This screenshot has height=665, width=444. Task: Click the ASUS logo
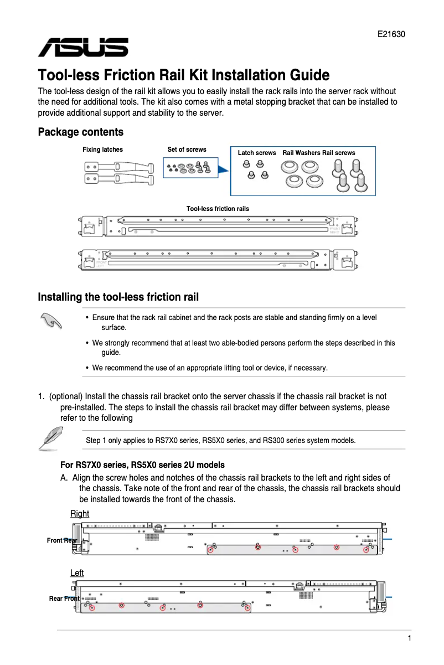coord(83,48)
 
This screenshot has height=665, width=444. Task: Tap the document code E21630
coord(391,34)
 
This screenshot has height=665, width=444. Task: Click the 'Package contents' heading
coord(80,132)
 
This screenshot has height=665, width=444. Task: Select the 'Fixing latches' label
coord(102,150)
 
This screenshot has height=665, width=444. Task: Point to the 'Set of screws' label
coord(187,150)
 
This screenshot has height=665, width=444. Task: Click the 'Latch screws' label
coord(256,153)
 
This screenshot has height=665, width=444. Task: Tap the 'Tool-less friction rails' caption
coord(218,209)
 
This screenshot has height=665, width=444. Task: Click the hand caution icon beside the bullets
coord(51,321)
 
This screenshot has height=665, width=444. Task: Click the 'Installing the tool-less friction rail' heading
coord(118,297)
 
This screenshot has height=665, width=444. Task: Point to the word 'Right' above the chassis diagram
coord(80,514)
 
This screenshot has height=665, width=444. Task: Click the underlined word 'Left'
coord(77,573)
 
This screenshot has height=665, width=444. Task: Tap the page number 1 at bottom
coord(409,638)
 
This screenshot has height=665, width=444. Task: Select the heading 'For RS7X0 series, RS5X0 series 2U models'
coord(142,465)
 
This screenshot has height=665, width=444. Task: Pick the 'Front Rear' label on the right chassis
coord(62,540)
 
